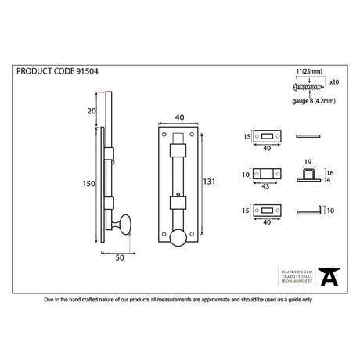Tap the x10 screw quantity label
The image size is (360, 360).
point(335,81)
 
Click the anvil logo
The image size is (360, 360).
point(331,275)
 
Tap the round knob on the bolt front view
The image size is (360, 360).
point(178,239)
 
